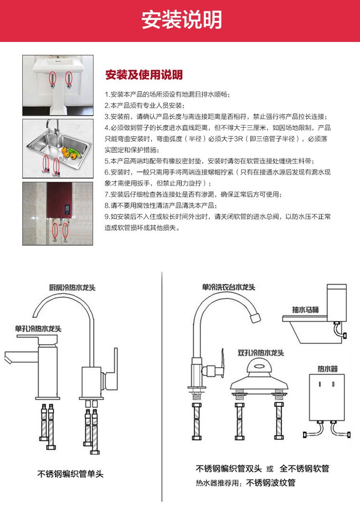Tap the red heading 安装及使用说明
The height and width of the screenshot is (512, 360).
144,74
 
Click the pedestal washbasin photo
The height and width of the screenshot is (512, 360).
58,85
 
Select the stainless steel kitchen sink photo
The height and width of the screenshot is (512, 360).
58,149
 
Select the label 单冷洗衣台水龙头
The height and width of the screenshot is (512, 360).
229,287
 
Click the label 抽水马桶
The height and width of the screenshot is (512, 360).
305,310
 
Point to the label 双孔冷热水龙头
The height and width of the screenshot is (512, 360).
261,353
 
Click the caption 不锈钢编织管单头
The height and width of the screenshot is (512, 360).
70,474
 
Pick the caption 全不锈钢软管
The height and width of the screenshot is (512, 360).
304,469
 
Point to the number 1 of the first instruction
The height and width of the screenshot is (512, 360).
107,95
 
